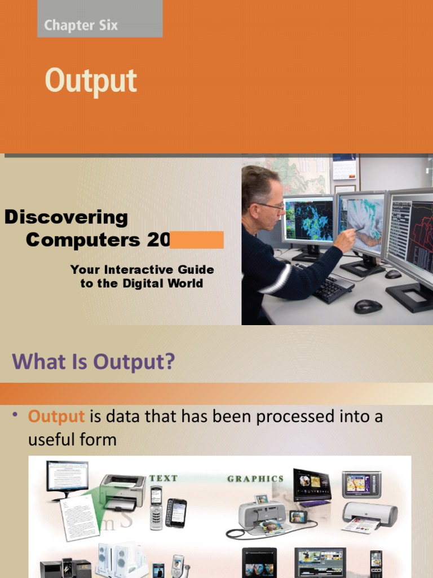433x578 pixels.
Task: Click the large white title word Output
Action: (x=91, y=81)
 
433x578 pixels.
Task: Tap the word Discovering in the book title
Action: (x=66, y=217)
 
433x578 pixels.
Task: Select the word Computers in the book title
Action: (x=83, y=240)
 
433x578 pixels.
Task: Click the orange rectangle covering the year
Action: (x=196, y=240)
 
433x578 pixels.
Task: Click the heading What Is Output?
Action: (x=93, y=361)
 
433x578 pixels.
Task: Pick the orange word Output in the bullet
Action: (x=56, y=417)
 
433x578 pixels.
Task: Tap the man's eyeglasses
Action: (x=271, y=206)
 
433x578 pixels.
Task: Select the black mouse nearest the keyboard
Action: (x=368, y=306)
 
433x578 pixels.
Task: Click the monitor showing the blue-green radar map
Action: (x=308, y=221)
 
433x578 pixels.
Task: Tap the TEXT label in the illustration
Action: (x=164, y=478)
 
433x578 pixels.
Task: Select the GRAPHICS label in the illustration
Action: (x=255, y=479)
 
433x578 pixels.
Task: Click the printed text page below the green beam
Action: (x=79, y=516)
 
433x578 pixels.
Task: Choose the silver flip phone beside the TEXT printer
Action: (x=156, y=507)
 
